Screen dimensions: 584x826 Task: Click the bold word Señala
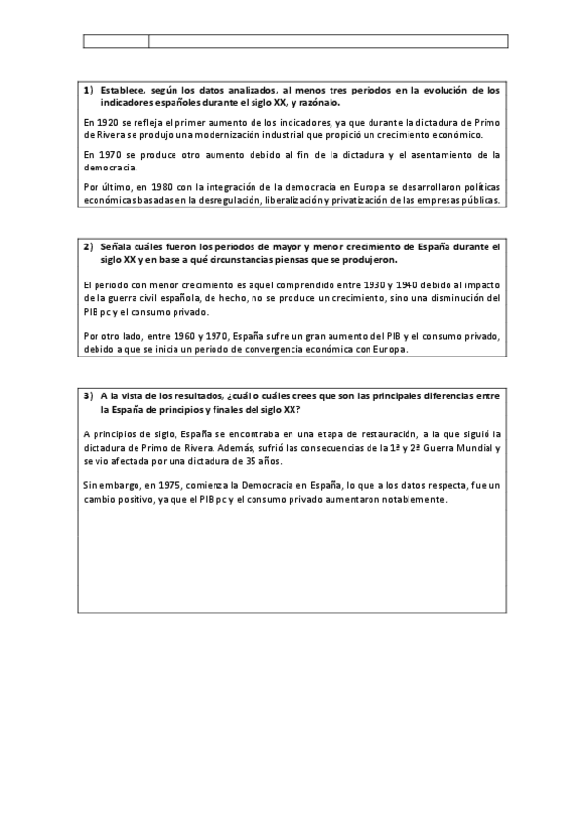[x=118, y=247]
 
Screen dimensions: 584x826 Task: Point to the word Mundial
[x=473, y=446]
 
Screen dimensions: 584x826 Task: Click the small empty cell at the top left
[x=116, y=41]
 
